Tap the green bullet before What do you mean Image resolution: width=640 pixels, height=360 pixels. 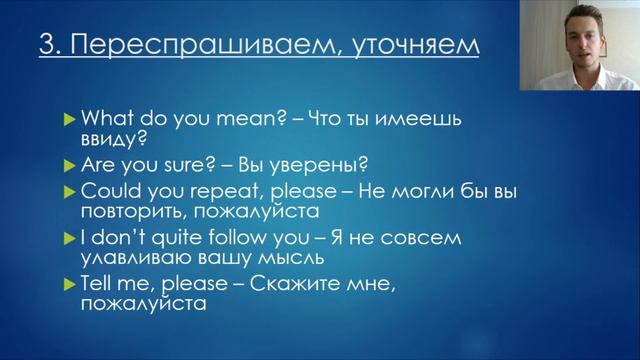[x=68, y=117]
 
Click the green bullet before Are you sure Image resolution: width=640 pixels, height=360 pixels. [x=68, y=165]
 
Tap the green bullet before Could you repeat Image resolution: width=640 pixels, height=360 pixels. [x=68, y=191]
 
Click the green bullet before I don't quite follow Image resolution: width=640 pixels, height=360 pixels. [x=68, y=238]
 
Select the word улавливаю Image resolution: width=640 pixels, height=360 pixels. [x=131, y=260]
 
